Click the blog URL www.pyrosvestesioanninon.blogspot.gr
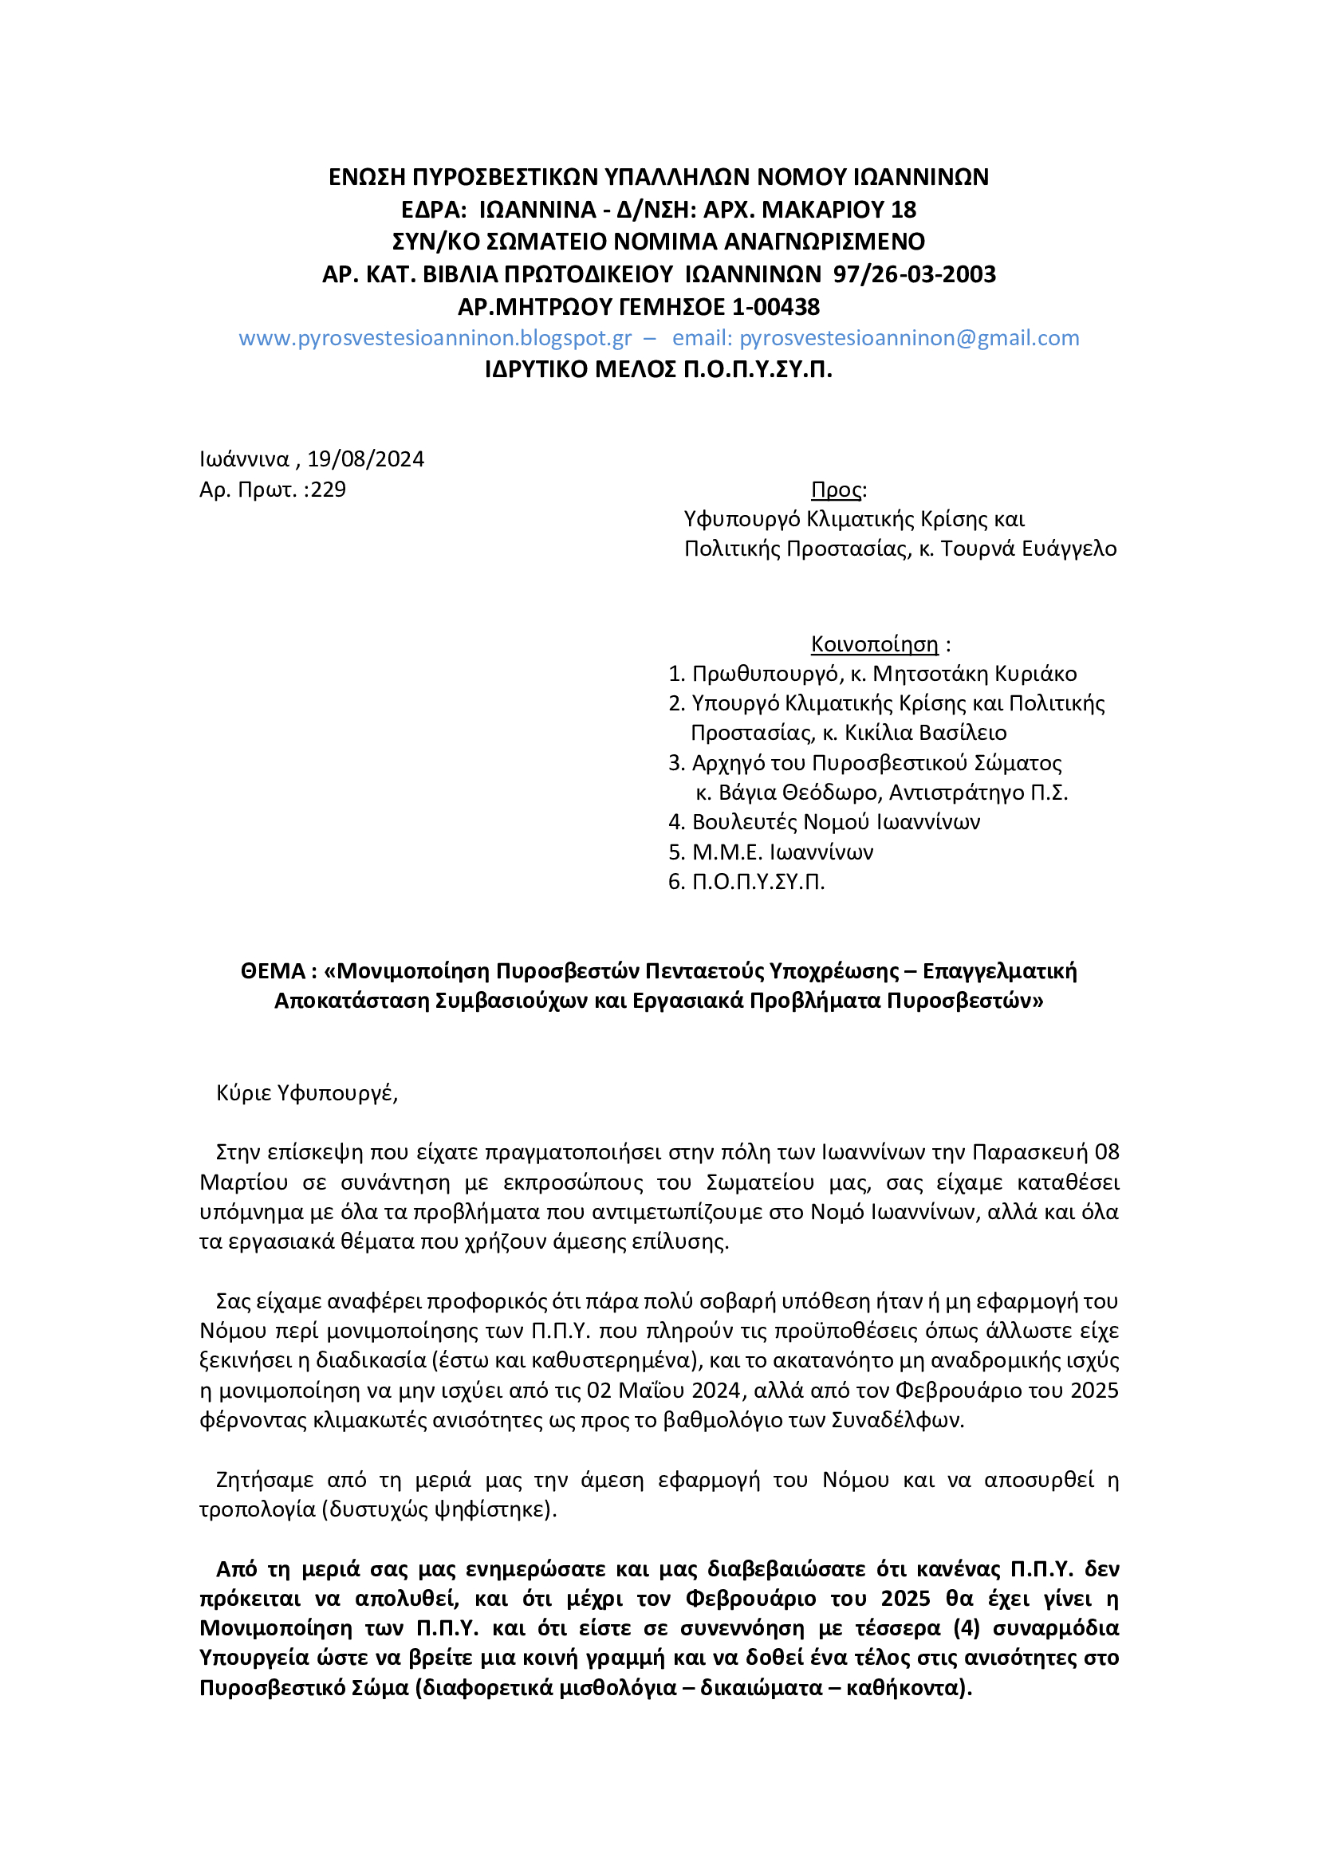pos(435,338)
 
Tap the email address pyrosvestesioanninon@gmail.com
pos(909,338)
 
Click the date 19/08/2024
pos(365,459)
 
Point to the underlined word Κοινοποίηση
pos(874,644)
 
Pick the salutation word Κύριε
pos(244,1092)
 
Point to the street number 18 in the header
pos(904,210)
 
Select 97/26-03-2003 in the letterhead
pos(915,273)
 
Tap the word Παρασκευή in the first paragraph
pos(1029,1152)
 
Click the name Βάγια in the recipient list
pos(747,792)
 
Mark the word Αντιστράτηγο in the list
pos(957,792)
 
